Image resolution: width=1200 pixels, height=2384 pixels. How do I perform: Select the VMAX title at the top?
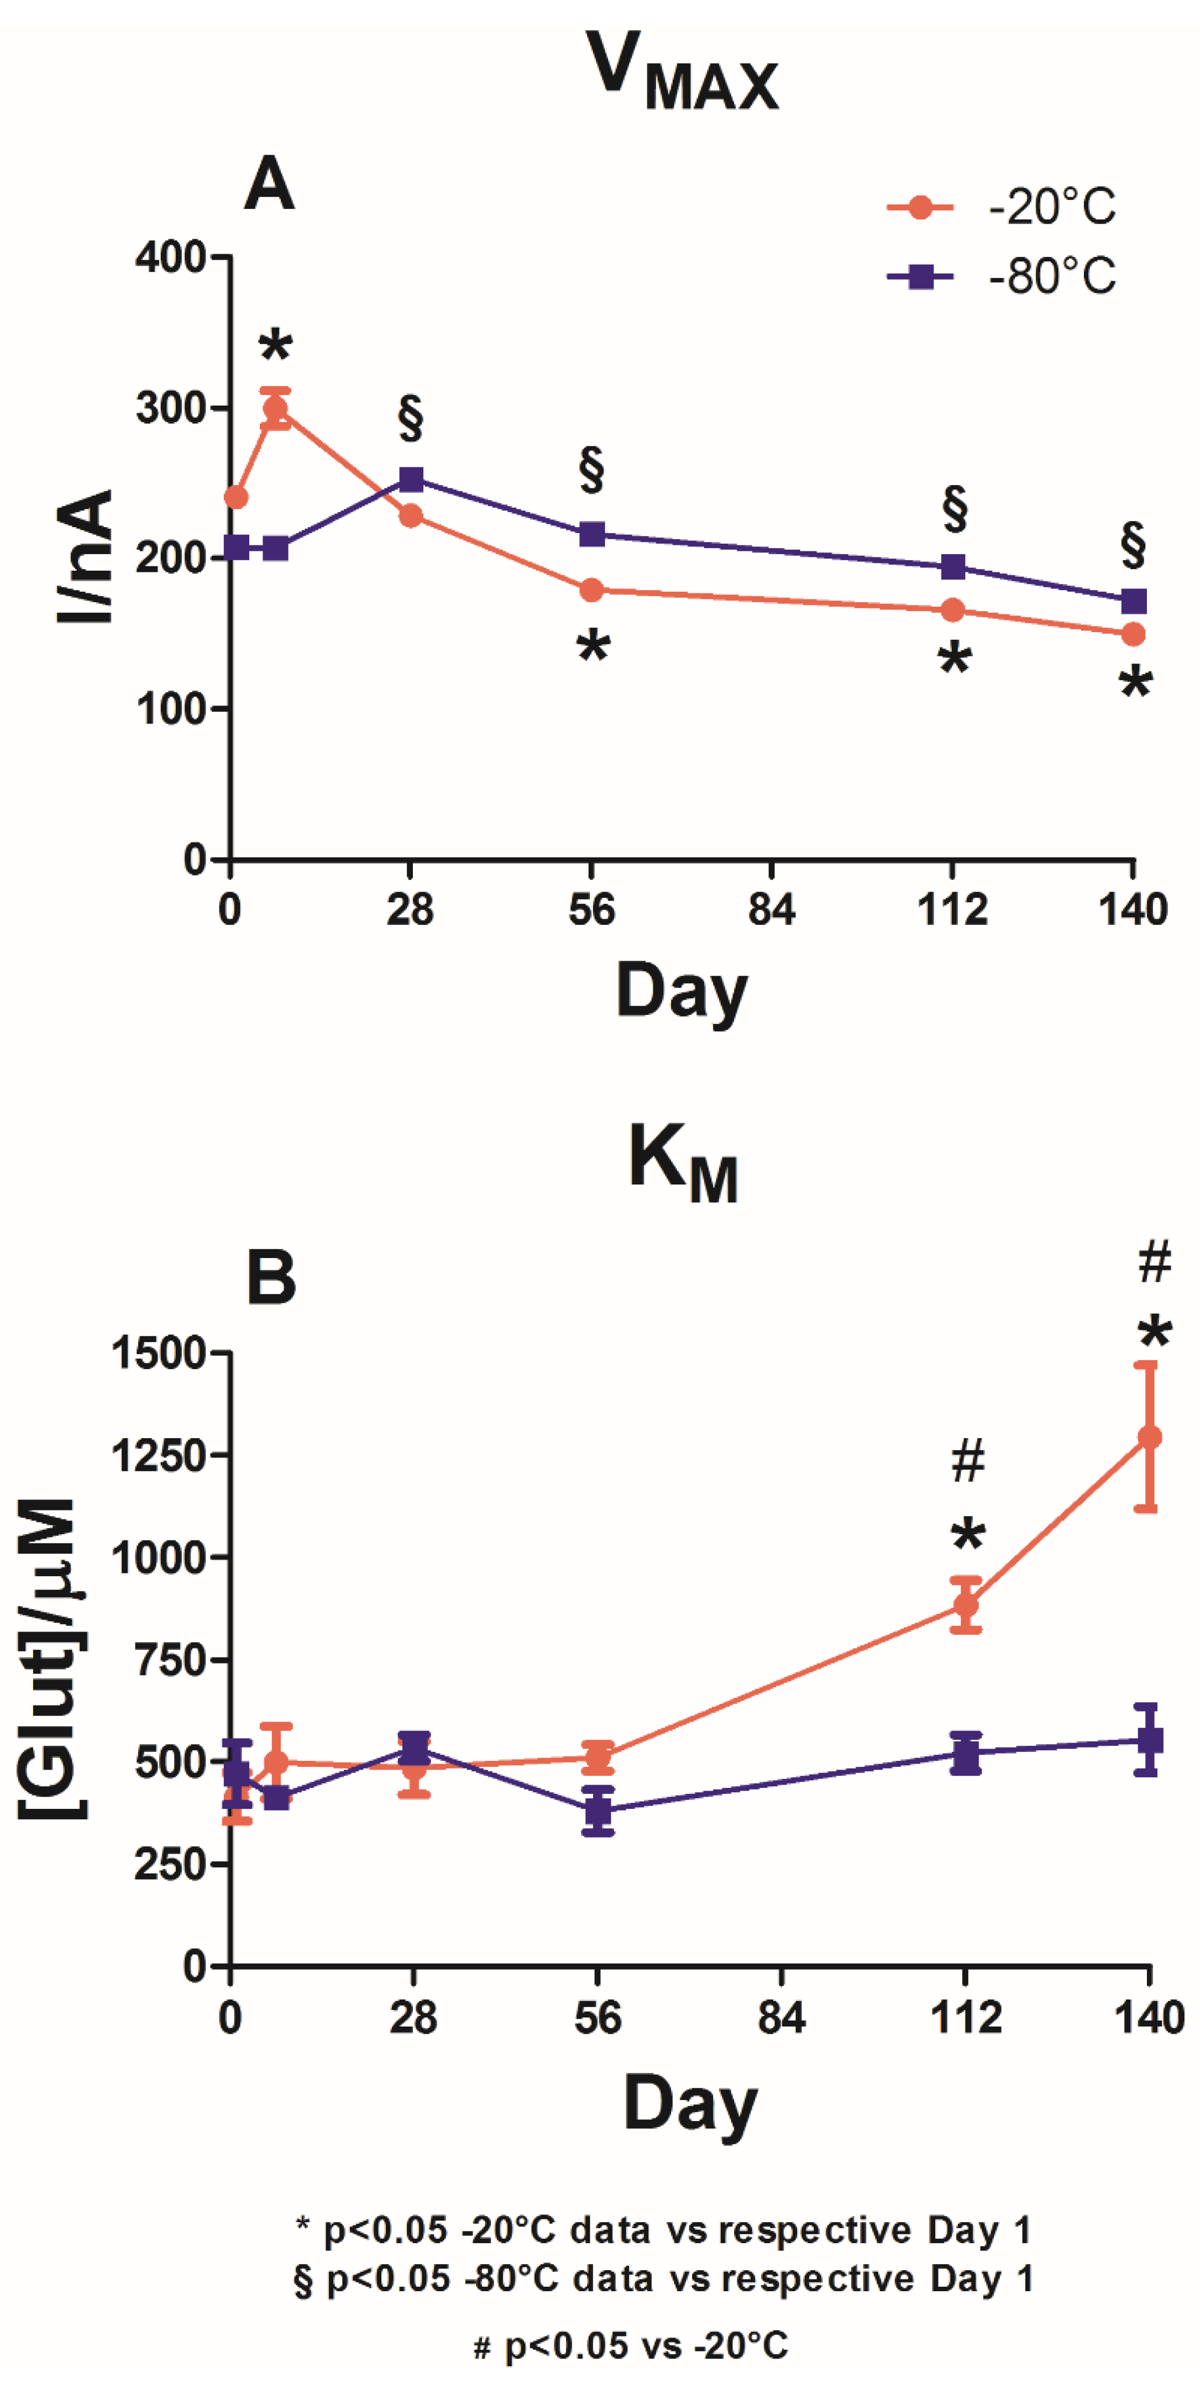pyautogui.click(x=683, y=73)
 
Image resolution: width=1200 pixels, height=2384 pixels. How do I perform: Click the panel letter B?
pyautogui.click(x=270, y=1277)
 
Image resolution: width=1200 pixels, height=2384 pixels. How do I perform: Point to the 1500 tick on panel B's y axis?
pyautogui.click(x=158, y=1353)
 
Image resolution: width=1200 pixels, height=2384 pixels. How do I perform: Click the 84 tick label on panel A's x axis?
pyautogui.click(x=771, y=911)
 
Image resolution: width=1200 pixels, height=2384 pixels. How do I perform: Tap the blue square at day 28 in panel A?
pyautogui.click(x=411, y=480)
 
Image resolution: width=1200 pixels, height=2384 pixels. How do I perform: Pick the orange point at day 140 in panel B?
pyautogui.click(x=1148, y=1437)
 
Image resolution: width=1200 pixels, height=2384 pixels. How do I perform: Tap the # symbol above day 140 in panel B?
pyautogui.click(x=1154, y=1262)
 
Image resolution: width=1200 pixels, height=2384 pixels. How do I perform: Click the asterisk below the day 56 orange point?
pyautogui.click(x=593, y=646)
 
